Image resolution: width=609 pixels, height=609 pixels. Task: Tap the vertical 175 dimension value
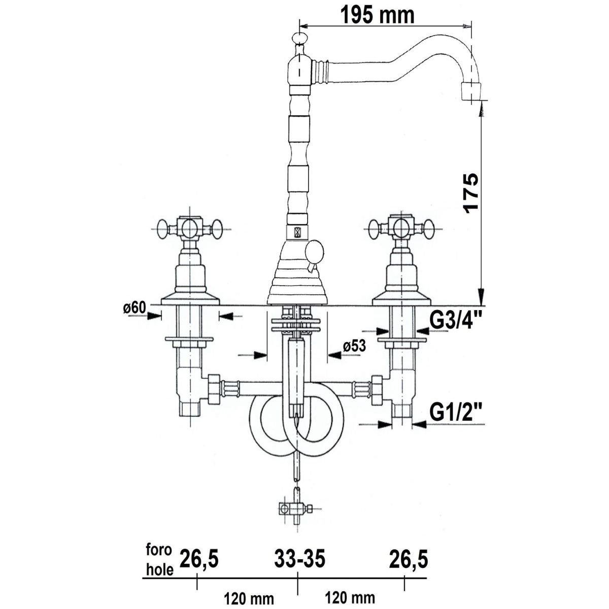coord(470,193)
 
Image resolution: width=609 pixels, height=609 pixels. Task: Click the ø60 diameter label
coord(135,308)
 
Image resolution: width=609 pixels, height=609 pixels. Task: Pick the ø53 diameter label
coord(354,347)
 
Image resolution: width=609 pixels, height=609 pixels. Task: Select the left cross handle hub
coord(189,228)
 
